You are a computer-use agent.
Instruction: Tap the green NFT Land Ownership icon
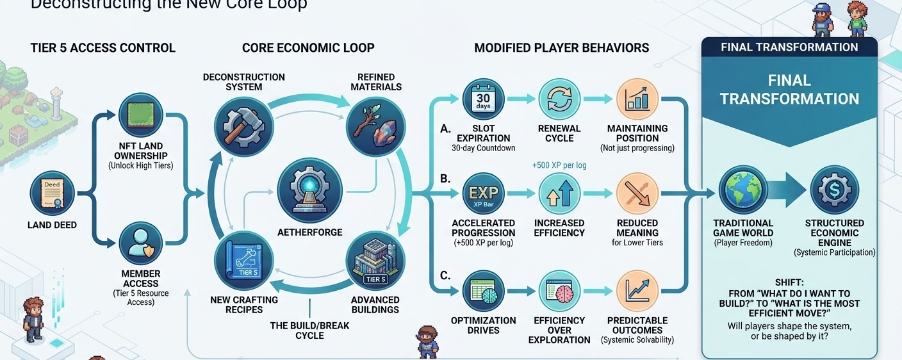(x=141, y=115)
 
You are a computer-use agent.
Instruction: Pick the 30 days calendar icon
(x=484, y=99)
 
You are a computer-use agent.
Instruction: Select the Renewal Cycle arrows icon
(x=559, y=99)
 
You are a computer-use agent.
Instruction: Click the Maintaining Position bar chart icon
(x=637, y=99)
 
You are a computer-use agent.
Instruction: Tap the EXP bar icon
(x=484, y=194)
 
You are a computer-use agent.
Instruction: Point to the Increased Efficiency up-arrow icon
(x=559, y=194)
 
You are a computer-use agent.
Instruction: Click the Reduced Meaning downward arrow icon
(x=637, y=194)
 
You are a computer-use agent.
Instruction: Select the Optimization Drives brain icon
(x=484, y=291)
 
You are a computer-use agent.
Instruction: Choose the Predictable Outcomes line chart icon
(x=637, y=291)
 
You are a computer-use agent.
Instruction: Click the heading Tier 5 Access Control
(x=102, y=48)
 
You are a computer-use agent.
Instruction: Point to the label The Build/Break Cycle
(x=309, y=330)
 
